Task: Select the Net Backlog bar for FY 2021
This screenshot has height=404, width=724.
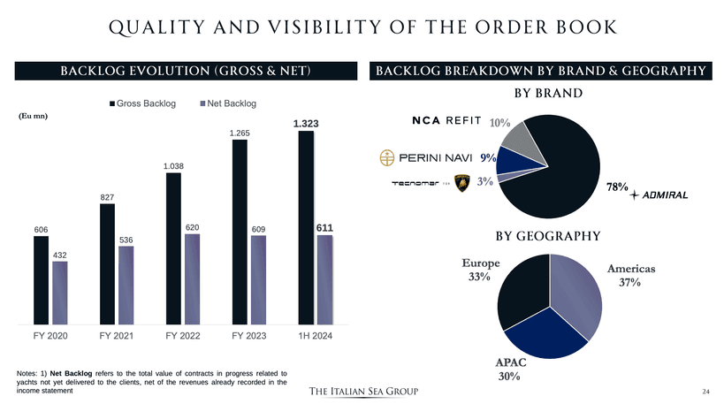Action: click(126, 285)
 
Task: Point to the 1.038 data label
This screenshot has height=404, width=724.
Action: click(173, 165)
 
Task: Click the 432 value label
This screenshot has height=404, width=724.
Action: click(59, 255)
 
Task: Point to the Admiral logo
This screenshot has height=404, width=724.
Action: click(659, 194)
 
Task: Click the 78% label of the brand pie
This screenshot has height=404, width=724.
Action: click(617, 187)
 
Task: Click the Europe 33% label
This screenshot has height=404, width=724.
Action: click(481, 271)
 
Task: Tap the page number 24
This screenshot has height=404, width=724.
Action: click(705, 391)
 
